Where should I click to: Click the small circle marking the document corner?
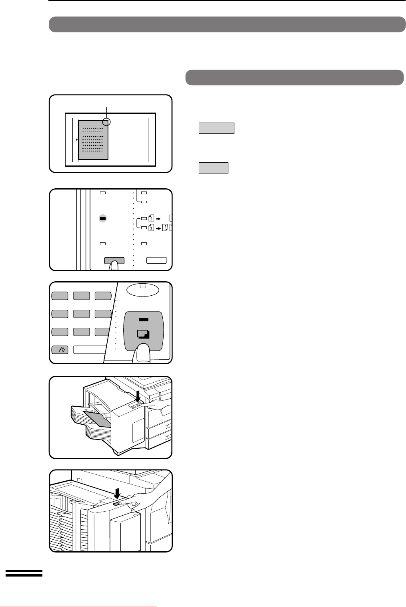(106, 122)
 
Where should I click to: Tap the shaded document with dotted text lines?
(93, 140)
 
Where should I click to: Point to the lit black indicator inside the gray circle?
(103, 218)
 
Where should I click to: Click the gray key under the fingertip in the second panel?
(114, 260)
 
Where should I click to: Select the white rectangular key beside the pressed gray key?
(156, 260)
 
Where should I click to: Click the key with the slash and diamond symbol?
(60, 350)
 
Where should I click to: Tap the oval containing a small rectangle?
(143, 290)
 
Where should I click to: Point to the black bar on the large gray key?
(143, 319)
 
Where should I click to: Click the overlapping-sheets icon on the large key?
(143, 334)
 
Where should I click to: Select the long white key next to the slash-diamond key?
(90, 350)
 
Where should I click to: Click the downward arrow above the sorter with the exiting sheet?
(138, 396)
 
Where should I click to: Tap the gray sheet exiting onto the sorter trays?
(97, 419)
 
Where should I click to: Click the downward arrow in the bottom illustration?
(117, 494)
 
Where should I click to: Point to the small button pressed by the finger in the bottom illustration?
(116, 504)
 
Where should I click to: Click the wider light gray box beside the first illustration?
(216, 128)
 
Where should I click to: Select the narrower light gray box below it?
(214, 168)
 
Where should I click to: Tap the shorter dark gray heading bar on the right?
(294, 77)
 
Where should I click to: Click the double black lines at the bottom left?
(24, 573)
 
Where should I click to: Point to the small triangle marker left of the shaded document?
(77, 139)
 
